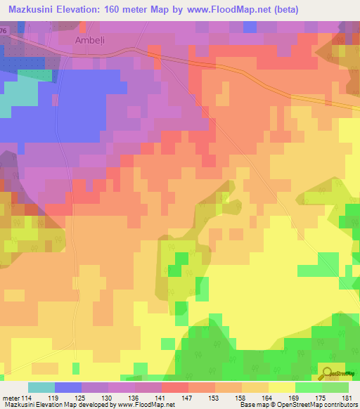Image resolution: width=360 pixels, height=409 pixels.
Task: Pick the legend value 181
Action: (x=347, y=397)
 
